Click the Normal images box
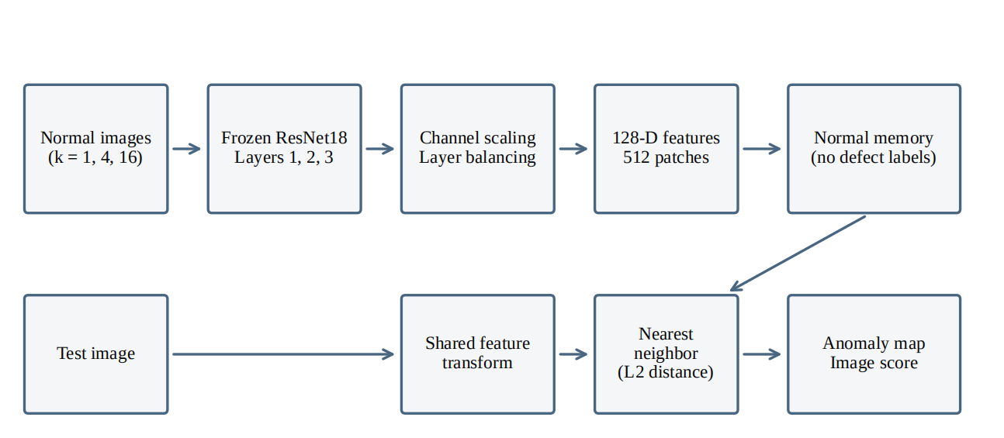(96, 149)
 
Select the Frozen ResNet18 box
(284, 149)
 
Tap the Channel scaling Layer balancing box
(478, 149)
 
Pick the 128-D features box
(666, 149)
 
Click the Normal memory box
(874, 149)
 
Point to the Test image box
(96, 354)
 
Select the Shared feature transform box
(478, 354)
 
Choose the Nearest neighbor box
(666, 354)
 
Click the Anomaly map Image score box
(874, 354)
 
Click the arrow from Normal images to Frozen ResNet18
(186, 149)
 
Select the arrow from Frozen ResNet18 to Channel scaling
(380, 149)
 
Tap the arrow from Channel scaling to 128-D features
(573, 149)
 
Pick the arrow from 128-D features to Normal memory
(762, 149)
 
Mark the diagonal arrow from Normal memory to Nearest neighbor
(798, 253)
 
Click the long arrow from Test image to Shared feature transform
(283, 354)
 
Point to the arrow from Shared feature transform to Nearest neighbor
(573, 354)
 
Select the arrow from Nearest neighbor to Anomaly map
(762, 354)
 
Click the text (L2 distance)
(666, 372)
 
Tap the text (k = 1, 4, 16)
(95, 157)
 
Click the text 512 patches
(666, 157)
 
